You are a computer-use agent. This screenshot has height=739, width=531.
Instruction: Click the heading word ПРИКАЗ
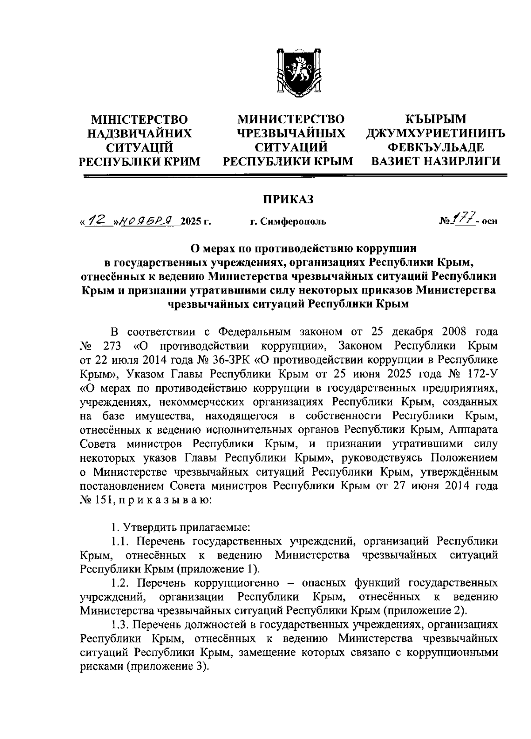(288, 200)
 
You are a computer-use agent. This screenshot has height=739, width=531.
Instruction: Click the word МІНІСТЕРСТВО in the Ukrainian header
(139, 119)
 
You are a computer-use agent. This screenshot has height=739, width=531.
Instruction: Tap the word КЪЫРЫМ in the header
(436, 119)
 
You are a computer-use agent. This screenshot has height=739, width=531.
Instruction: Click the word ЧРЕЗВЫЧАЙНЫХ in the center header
(291, 133)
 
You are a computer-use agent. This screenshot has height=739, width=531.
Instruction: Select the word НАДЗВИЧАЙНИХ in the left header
(140, 133)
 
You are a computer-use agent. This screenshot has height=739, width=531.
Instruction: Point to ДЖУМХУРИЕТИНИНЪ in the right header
(436, 133)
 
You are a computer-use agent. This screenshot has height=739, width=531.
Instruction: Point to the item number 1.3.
(119, 625)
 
